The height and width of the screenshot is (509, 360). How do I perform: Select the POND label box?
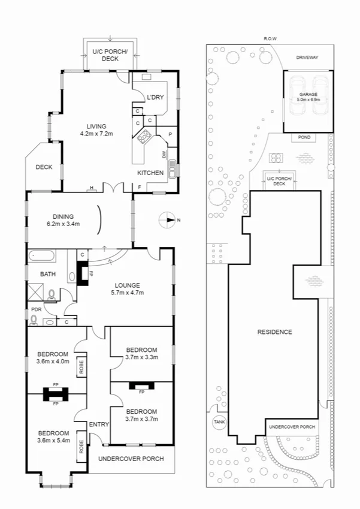[x=304, y=137]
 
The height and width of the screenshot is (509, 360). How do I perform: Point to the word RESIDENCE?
[x=274, y=332]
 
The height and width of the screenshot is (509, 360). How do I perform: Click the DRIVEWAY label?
[x=307, y=57]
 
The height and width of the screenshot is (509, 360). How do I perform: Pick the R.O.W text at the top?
[x=270, y=38]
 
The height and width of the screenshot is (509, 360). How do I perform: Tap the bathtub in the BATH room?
[x=41, y=257]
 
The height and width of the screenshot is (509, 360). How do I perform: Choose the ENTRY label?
[x=99, y=424]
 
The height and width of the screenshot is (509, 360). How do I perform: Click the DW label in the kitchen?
[x=164, y=154]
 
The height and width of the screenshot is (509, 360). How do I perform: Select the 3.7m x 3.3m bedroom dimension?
[x=141, y=357]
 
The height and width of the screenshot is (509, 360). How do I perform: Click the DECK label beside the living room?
[x=44, y=167]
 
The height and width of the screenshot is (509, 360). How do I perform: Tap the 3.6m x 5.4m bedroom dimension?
[x=54, y=441]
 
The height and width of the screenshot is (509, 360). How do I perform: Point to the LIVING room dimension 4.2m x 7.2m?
[x=96, y=134]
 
